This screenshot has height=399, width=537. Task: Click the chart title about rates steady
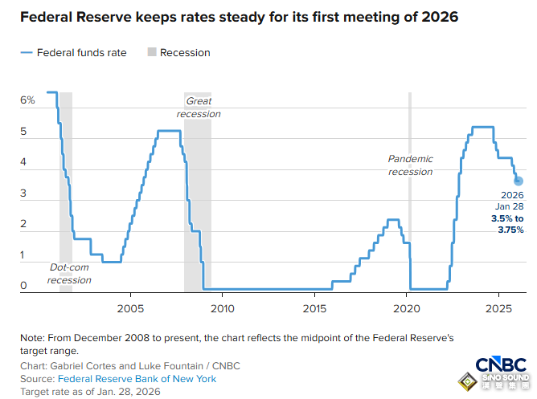point(239,18)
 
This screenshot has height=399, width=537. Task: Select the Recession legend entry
point(184,53)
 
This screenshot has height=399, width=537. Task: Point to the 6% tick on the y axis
point(27,100)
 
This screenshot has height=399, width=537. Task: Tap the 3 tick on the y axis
point(24,193)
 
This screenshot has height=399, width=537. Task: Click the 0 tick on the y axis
point(24,286)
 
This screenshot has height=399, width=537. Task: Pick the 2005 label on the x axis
point(130,309)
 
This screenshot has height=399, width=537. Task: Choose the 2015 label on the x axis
point(314,309)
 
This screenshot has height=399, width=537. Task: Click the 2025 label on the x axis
point(499,309)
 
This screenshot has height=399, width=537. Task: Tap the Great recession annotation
point(199,108)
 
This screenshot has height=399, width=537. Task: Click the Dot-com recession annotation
point(69,274)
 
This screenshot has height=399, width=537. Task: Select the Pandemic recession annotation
point(410,165)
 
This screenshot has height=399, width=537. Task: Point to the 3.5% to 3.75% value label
point(507,225)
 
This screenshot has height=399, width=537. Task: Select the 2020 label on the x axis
point(407,309)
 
